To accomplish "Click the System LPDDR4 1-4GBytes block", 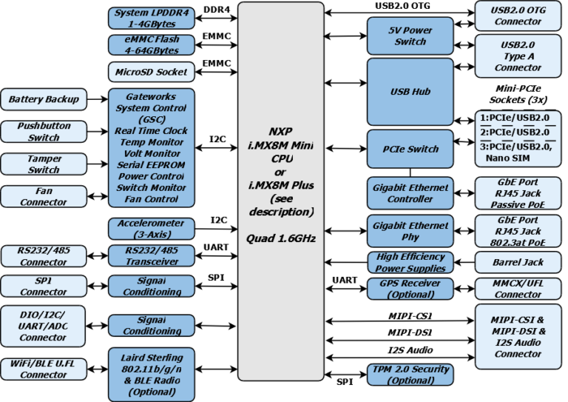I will (x=152, y=18).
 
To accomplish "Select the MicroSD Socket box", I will (x=152, y=72).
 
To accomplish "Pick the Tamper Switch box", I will (x=44, y=164).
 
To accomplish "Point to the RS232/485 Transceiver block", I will (x=152, y=255).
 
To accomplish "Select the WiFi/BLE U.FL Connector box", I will (x=44, y=369).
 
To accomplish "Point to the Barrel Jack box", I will (x=518, y=262).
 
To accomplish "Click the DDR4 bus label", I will (x=216, y=9).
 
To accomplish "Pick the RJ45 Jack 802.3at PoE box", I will (x=518, y=231).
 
